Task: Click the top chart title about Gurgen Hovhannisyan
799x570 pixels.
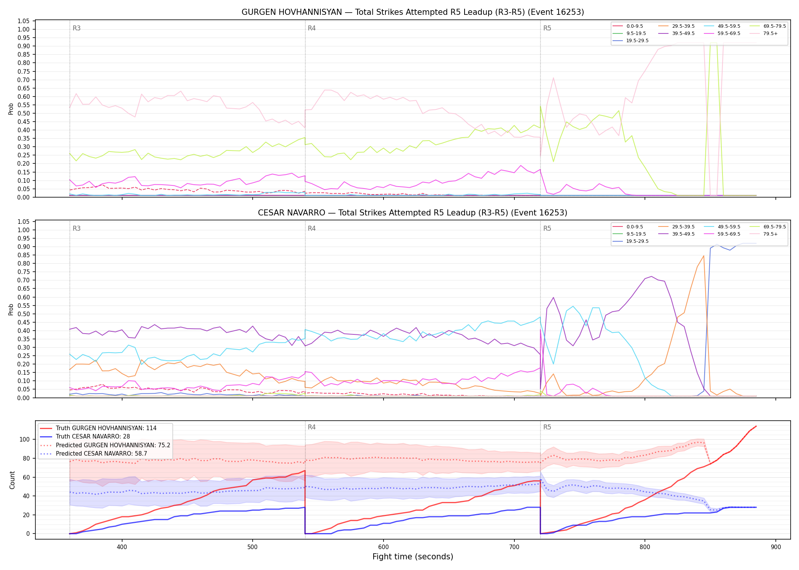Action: click(x=412, y=12)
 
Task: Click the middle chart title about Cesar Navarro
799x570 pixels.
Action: click(x=412, y=213)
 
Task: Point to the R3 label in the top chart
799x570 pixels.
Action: click(x=76, y=28)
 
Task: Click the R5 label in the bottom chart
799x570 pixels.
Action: click(x=547, y=427)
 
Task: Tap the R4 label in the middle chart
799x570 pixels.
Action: click(x=312, y=229)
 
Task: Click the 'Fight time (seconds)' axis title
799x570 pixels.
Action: click(x=413, y=557)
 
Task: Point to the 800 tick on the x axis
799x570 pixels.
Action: click(x=645, y=547)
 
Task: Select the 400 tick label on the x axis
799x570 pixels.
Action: click(x=122, y=547)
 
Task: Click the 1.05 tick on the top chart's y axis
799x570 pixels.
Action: click(x=24, y=21)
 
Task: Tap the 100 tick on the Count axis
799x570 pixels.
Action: click(x=25, y=439)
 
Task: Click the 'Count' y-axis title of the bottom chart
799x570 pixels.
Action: click(x=13, y=480)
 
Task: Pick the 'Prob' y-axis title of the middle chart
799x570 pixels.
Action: click(x=11, y=309)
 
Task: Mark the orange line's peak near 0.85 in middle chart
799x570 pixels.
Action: click(x=704, y=256)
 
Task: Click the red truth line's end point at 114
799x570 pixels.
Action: click(x=756, y=426)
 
